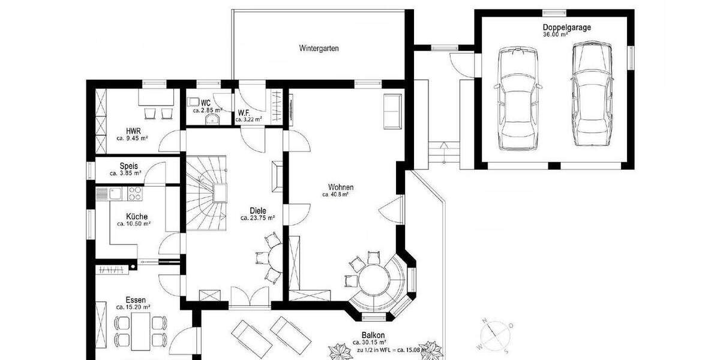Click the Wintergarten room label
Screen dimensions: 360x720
click(319, 49)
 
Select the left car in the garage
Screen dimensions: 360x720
click(518, 99)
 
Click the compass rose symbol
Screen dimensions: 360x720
click(493, 335)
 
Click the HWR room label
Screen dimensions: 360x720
click(133, 130)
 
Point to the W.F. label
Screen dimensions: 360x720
click(244, 113)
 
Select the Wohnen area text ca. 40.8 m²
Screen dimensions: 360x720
click(335, 194)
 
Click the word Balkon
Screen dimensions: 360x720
click(373, 335)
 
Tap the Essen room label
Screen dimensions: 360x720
click(136, 299)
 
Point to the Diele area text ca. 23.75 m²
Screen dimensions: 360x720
click(257, 218)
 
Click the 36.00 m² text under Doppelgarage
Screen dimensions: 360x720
click(555, 34)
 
